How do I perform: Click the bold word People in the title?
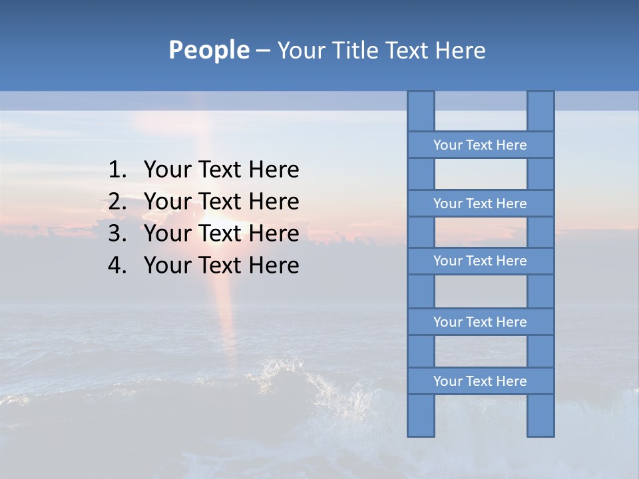point(208,50)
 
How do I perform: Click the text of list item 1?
point(221,170)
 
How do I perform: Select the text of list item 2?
point(221,202)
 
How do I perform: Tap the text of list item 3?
point(221,234)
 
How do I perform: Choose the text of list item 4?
point(221,265)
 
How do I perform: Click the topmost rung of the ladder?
point(480,145)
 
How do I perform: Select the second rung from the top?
point(480,204)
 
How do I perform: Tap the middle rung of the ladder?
point(480,261)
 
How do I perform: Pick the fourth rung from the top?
point(480,322)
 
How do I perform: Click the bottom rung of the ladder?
point(480,381)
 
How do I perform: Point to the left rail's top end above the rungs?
point(421,111)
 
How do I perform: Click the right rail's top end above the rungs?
point(540,111)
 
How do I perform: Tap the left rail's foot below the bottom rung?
point(421,415)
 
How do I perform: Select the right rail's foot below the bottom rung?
point(540,415)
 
